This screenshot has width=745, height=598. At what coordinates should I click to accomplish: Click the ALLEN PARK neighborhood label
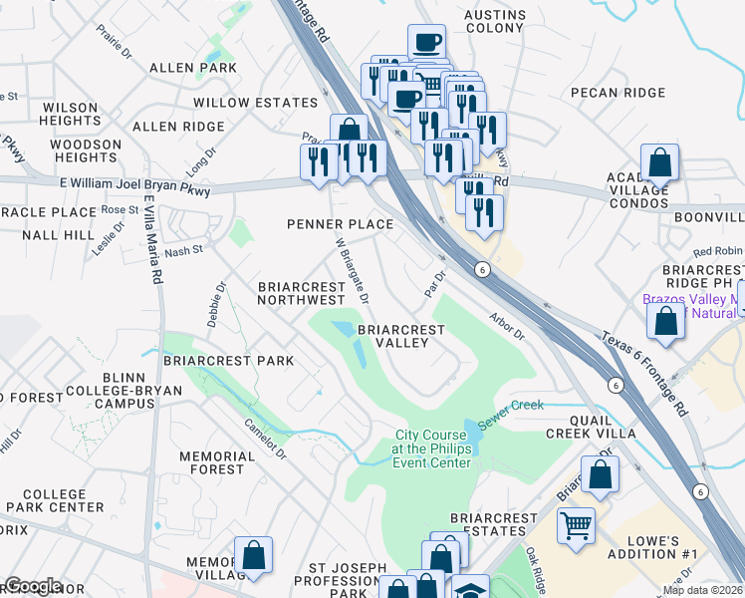[192, 68]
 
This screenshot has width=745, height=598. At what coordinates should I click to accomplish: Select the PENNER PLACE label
[341, 224]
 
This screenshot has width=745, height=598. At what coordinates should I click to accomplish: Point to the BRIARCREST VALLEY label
[392, 335]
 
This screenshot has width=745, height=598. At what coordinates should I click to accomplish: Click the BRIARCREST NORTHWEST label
[301, 293]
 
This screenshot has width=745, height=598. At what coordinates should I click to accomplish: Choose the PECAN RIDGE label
[618, 93]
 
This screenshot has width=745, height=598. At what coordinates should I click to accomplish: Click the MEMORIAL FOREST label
[211, 462]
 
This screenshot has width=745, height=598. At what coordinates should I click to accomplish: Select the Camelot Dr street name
[266, 437]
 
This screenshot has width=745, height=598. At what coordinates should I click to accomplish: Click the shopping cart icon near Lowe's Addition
[576, 524]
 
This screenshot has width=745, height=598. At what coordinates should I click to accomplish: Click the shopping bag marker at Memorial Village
[253, 554]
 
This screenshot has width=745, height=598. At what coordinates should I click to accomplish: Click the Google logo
[32, 586]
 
